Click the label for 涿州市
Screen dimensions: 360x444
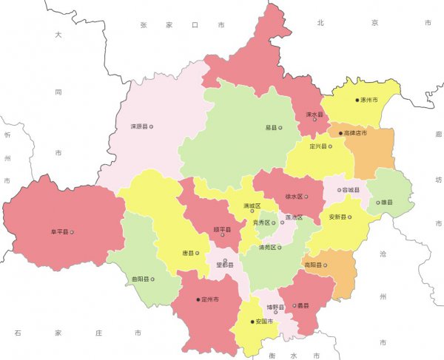(369, 100)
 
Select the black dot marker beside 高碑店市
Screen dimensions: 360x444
(341, 134)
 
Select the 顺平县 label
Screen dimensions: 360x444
(222, 230)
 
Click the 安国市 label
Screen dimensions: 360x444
(265, 322)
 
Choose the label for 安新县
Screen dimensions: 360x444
(334, 218)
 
